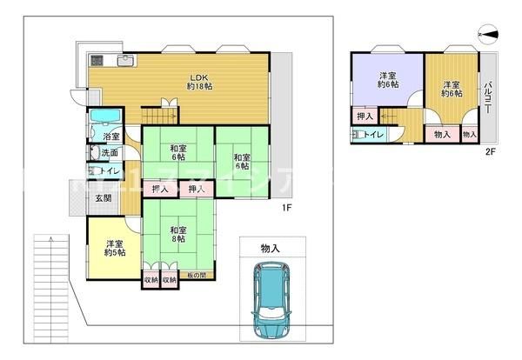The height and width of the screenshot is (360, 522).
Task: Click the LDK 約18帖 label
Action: pyautogui.click(x=201, y=82)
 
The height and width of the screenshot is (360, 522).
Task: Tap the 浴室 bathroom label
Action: pyautogui.click(x=111, y=137)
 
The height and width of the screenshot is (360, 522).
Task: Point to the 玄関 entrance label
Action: pyautogui.click(x=103, y=198)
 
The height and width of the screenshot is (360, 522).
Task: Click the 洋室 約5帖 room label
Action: pyautogui.click(x=114, y=248)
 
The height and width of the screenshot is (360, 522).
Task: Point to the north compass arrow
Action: pyautogui.click(x=488, y=34)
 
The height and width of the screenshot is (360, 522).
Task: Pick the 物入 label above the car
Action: pyautogui.click(x=271, y=249)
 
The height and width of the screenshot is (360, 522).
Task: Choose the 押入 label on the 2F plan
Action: pyautogui.click(x=365, y=117)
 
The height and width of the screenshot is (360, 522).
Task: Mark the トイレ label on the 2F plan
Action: pyautogui.click(x=369, y=134)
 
